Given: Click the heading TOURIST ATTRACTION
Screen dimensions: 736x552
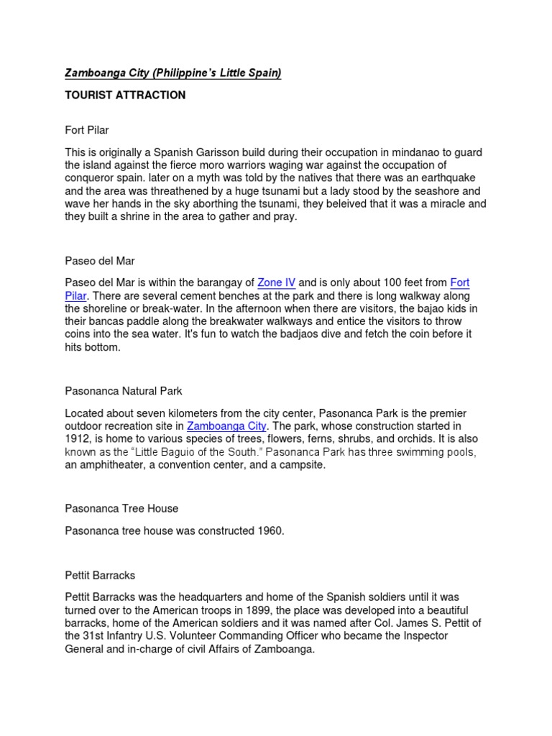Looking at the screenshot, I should (x=125, y=95).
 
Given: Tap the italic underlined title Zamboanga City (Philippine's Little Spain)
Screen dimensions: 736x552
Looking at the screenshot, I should (x=173, y=73).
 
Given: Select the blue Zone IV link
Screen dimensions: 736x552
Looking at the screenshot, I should (x=277, y=282).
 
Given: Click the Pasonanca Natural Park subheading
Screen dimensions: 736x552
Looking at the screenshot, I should (x=123, y=391).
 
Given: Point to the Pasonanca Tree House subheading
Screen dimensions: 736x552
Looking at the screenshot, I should (x=121, y=508).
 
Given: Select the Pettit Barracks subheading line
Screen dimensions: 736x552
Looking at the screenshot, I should (x=100, y=576).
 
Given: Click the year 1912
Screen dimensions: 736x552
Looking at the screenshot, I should (x=78, y=439).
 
